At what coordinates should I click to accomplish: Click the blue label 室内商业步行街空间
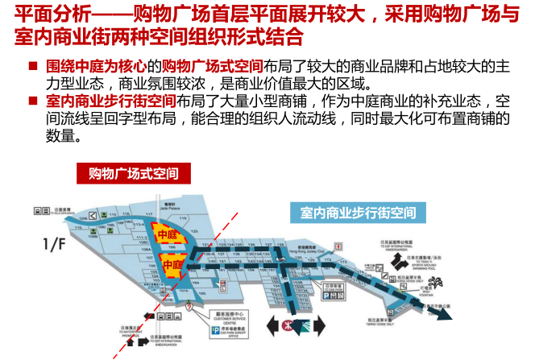coord(357,213)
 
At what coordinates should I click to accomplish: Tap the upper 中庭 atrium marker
coord(166,235)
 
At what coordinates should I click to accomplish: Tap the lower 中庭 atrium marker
coord(172,264)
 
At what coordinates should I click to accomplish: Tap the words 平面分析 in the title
coord(45,15)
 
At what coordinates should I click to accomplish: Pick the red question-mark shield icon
coord(188,307)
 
